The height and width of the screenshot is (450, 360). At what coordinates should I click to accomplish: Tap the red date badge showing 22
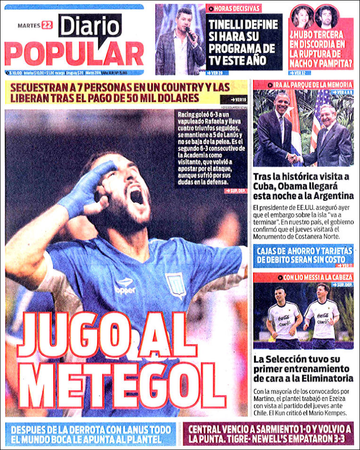pyautogui.click(x=47, y=25)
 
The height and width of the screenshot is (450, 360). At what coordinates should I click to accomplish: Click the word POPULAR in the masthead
pyautogui.click(x=74, y=54)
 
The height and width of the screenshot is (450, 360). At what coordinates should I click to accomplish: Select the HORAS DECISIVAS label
pyautogui.click(x=233, y=8)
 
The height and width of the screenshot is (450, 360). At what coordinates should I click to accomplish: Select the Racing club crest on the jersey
pyautogui.click(x=175, y=284)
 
